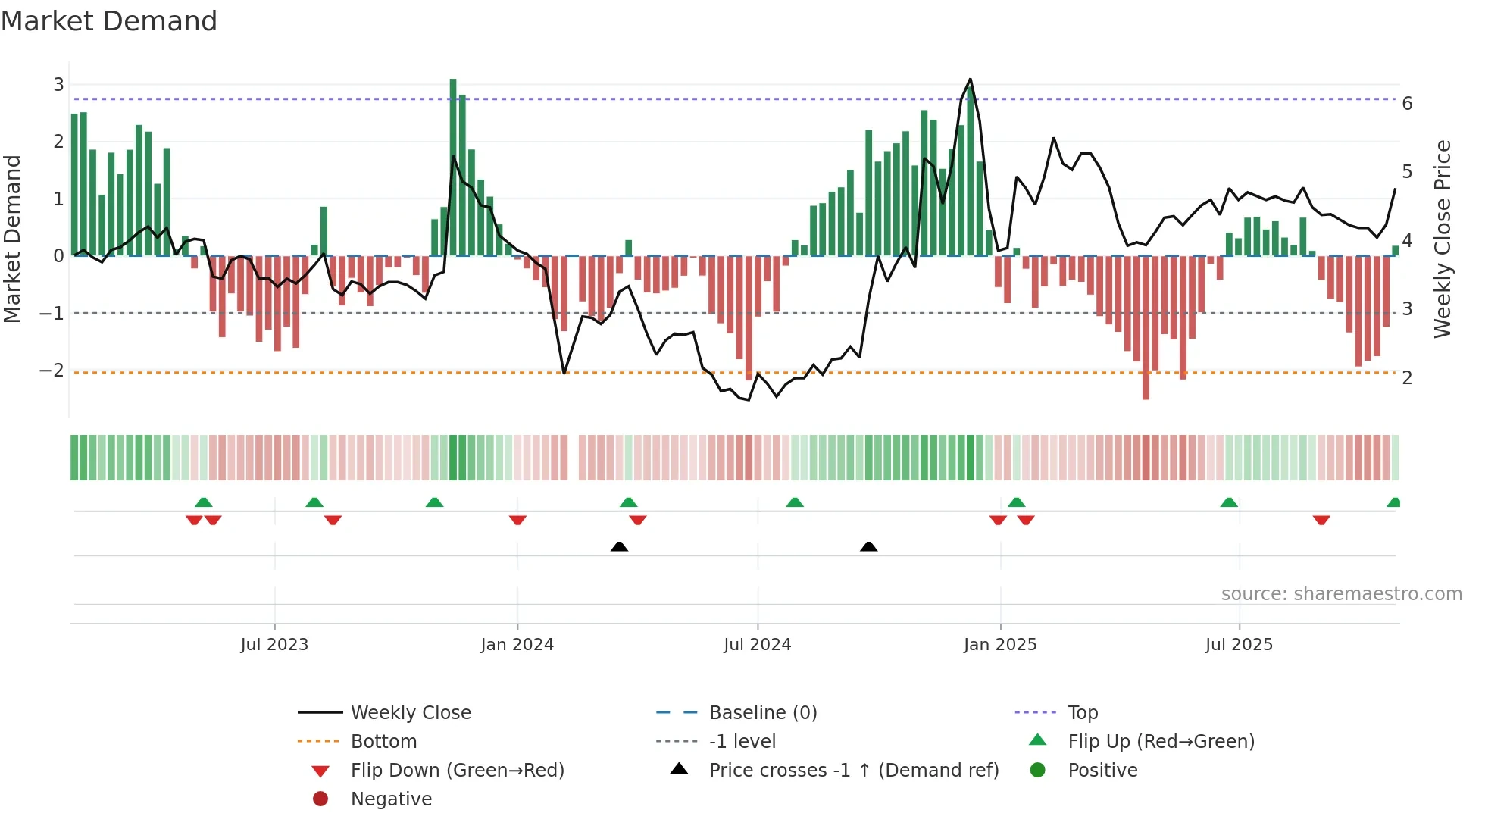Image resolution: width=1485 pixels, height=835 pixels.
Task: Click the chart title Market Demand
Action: click(109, 21)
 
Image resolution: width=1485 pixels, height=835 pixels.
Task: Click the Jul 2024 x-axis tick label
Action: click(757, 645)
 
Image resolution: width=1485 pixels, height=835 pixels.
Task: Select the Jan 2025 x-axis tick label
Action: click(999, 645)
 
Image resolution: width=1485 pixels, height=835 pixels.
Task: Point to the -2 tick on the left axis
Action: click(52, 371)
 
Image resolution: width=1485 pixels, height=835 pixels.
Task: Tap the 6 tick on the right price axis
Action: click(1407, 104)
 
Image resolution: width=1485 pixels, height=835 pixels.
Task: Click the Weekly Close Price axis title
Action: click(1443, 239)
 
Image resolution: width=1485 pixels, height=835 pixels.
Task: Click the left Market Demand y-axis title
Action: click(12, 239)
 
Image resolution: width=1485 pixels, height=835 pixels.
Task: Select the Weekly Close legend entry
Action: click(410, 713)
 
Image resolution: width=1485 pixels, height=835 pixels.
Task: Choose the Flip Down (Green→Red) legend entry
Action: click(457, 771)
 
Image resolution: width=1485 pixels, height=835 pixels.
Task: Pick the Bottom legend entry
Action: click(383, 742)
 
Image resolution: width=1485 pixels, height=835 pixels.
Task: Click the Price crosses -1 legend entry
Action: click(853, 771)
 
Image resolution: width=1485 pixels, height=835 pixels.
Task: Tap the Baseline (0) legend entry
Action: click(762, 713)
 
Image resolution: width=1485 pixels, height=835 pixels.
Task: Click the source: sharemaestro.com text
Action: click(1341, 594)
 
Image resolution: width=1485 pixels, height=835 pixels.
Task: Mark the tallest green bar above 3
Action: click(453, 167)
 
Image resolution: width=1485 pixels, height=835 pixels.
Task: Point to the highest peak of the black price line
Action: click(970, 80)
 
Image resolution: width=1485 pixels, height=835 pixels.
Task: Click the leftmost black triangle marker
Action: click(619, 546)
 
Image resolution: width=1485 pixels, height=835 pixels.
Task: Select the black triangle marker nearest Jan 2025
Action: click(869, 546)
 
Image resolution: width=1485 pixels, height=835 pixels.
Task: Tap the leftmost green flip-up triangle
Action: click(203, 502)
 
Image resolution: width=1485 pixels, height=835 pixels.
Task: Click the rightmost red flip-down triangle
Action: click(1321, 520)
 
